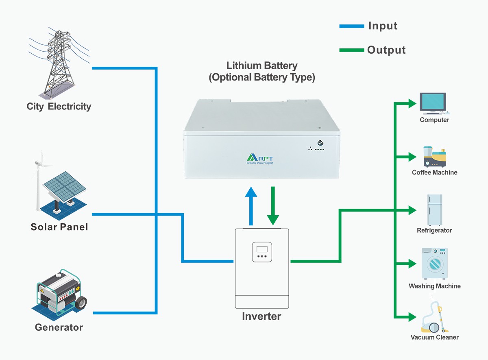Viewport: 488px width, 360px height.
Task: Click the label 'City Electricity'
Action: click(x=59, y=107)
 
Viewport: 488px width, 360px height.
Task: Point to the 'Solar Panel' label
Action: click(x=59, y=227)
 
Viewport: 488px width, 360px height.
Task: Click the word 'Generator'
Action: click(x=59, y=327)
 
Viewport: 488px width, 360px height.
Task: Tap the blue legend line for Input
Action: click(x=352, y=26)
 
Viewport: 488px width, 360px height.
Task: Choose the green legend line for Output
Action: click(x=352, y=50)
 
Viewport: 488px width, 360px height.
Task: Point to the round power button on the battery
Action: click(x=320, y=143)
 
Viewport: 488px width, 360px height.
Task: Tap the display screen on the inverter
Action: click(x=262, y=249)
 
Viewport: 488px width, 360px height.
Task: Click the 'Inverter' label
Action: click(x=261, y=316)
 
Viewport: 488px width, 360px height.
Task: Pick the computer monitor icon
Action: click(x=433, y=103)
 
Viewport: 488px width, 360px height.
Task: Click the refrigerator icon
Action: click(x=434, y=209)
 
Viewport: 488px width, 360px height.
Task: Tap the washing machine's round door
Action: click(x=434, y=264)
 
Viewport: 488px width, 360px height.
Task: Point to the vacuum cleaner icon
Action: click(x=434, y=319)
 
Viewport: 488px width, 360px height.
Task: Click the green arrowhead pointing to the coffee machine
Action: click(x=412, y=157)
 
